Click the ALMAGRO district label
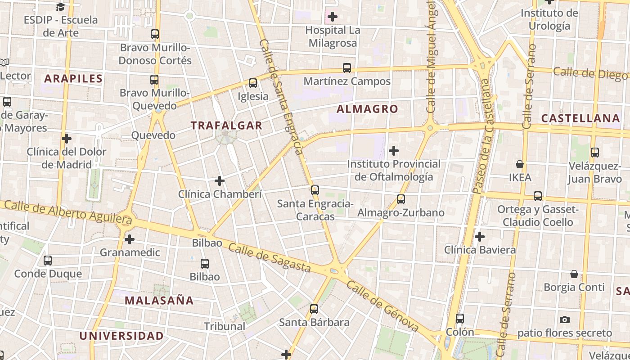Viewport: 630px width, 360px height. coord(367,109)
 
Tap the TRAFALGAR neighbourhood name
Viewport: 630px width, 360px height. coord(226,126)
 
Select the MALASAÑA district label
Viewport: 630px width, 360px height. coord(159,301)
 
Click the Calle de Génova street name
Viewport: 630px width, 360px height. coord(382,307)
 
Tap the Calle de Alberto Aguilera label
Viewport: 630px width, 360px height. coord(67,211)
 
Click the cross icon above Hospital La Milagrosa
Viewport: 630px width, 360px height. coord(333,17)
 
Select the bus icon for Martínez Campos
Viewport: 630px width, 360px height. coord(347,68)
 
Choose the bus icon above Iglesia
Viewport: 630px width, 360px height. coord(253,83)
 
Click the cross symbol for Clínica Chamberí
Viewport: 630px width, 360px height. coord(220,181)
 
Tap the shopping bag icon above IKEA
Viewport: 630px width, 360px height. coord(520,164)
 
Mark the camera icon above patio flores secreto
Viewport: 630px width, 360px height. coord(565,320)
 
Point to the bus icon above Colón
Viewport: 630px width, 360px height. coord(460,319)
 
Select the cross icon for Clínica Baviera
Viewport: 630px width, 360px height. coord(480,236)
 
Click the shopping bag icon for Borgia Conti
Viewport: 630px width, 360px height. coord(574,274)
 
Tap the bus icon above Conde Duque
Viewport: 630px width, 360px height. coord(48,260)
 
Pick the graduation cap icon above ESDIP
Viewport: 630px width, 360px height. coord(60,7)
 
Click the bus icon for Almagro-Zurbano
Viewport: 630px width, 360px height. coord(401,199)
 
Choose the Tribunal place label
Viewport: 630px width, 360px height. coord(225,326)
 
